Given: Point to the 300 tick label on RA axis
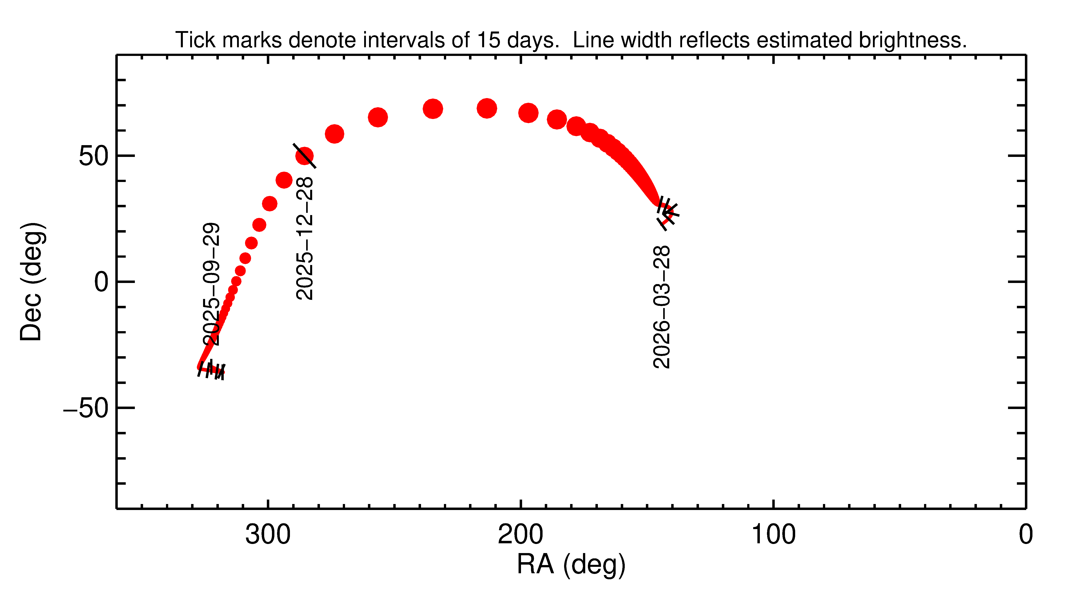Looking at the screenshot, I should (268, 535).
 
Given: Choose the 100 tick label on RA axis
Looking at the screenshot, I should (773, 535).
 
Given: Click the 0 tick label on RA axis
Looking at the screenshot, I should (1026, 535).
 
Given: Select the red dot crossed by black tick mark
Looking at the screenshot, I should (304, 156).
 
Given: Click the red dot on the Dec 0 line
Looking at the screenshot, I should (236, 281).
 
